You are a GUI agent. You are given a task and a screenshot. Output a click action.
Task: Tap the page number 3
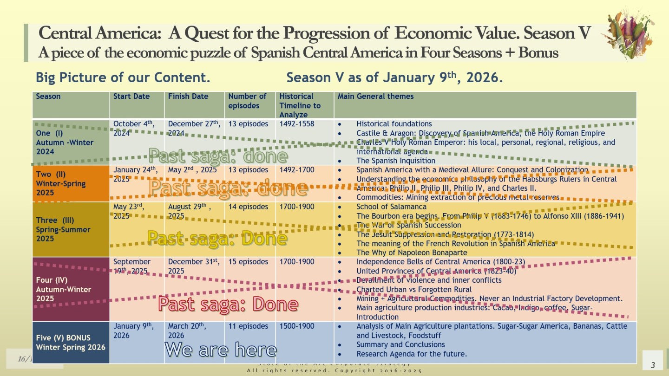click(x=653, y=365)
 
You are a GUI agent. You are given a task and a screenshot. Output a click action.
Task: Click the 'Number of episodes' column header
click(x=247, y=101)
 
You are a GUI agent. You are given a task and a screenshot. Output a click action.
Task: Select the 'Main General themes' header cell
click(x=375, y=97)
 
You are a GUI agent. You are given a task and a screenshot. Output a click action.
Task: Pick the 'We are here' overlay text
click(x=221, y=350)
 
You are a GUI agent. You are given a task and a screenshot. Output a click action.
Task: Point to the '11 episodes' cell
click(x=248, y=326)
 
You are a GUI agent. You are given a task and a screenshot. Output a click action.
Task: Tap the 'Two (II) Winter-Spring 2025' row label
click(x=61, y=183)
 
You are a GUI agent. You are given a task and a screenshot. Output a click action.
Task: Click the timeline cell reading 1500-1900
click(x=296, y=326)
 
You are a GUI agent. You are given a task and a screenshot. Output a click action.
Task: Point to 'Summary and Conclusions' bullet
click(x=400, y=344)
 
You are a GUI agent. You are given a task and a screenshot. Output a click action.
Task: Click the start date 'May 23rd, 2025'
click(x=129, y=211)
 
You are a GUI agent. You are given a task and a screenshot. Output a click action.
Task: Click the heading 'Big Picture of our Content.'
click(x=123, y=77)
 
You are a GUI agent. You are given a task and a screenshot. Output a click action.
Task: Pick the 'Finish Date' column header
click(x=188, y=97)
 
